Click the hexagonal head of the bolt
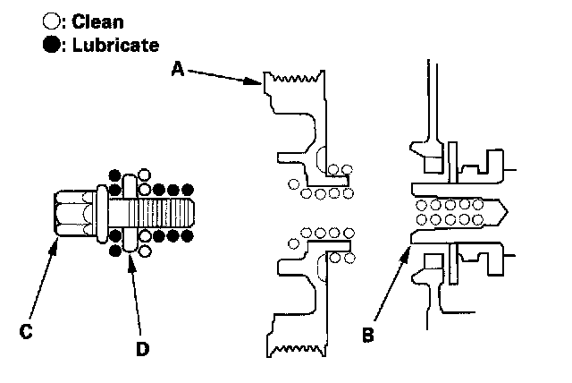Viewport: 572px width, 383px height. (x=72, y=213)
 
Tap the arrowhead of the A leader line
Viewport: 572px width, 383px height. (x=257, y=82)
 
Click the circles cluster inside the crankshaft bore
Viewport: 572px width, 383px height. (x=446, y=211)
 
